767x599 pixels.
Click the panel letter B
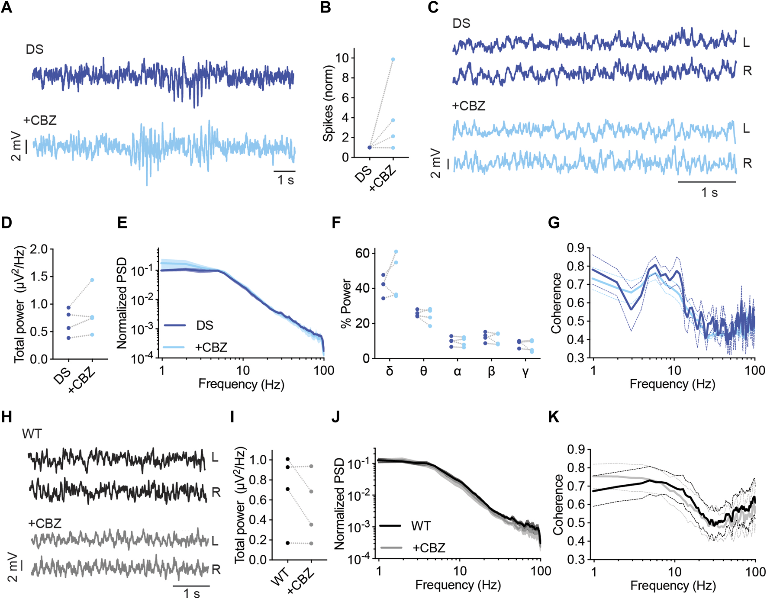click(x=325, y=7)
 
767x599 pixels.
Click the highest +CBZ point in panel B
click(x=393, y=59)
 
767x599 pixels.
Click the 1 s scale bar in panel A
click(x=284, y=171)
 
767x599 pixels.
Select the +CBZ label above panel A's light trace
click(x=40, y=120)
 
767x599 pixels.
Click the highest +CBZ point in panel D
click(x=92, y=280)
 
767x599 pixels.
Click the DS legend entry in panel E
click(x=204, y=325)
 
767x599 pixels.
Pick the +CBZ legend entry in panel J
click(x=429, y=548)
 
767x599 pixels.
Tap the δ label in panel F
click(x=389, y=371)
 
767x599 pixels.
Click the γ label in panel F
click(x=525, y=371)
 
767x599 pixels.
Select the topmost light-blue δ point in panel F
click(x=396, y=252)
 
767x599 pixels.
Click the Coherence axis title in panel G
click(x=556, y=303)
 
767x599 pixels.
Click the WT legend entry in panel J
click(x=421, y=526)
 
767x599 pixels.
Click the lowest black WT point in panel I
click(x=288, y=543)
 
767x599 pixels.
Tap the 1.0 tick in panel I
click(x=258, y=460)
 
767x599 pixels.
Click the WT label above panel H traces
click(x=32, y=434)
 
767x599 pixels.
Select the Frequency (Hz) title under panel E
click(x=241, y=384)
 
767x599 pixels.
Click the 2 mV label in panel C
click(x=435, y=163)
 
